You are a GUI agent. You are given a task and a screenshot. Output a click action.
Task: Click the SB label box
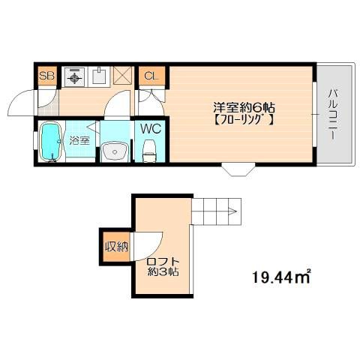click(x=47, y=76)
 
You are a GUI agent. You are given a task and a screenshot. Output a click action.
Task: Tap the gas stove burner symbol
click(x=74, y=78)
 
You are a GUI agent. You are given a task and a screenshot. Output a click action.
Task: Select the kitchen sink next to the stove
click(x=99, y=76)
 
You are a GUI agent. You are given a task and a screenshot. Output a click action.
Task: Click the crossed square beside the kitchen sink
click(x=122, y=76)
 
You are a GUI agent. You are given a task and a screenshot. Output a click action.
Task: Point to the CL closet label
click(x=152, y=76)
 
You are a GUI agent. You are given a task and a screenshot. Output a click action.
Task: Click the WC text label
click(x=151, y=129)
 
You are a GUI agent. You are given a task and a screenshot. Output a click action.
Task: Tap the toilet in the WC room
click(x=149, y=151)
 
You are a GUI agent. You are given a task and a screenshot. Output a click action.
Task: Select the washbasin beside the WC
click(x=115, y=151)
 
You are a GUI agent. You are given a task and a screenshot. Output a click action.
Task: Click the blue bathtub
click(x=51, y=142)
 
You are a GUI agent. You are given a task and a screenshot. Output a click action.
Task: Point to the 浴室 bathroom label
click(x=79, y=141)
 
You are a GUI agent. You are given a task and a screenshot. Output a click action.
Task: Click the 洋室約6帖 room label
click(x=244, y=108)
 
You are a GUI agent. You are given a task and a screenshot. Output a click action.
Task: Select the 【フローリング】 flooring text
click(x=244, y=121)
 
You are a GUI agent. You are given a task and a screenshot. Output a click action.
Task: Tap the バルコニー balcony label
click(x=332, y=114)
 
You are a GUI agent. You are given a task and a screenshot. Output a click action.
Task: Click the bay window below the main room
click(x=238, y=169)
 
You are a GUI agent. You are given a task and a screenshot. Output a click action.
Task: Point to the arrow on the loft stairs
click(x=232, y=211)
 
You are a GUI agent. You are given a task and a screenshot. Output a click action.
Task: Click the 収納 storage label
click(x=116, y=247)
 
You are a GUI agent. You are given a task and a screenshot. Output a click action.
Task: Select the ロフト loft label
click(x=163, y=262)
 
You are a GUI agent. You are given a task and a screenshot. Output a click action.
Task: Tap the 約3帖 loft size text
click(x=163, y=271)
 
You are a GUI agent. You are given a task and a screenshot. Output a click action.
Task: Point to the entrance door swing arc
click(x=17, y=100)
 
